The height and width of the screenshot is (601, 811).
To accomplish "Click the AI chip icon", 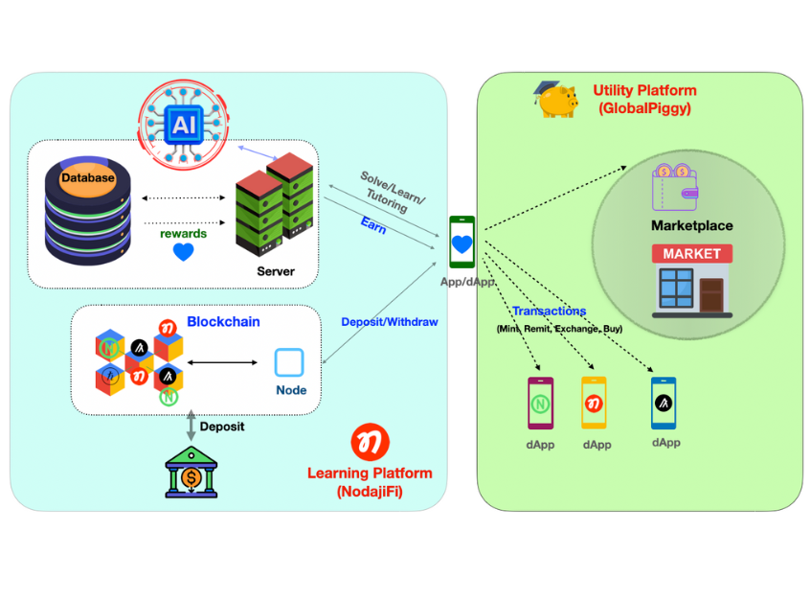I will tap(182, 125).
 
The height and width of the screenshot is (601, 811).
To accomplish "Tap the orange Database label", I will tap(87, 177).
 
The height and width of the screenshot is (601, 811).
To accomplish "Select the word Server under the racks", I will tap(276, 271).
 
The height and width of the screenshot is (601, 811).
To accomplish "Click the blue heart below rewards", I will tap(183, 252).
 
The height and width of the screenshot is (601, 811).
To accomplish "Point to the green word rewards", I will tap(183, 232).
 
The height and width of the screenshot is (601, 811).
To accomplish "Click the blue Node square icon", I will tap(289, 362).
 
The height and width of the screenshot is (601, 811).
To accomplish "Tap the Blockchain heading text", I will tap(223, 322).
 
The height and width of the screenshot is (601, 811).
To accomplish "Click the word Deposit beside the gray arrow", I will tap(222, 426).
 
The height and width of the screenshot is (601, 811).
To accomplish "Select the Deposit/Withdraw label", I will tap(390, 322).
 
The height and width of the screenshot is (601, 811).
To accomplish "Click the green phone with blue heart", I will tap(462, 243).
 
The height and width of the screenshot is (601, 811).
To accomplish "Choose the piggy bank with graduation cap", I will tap(556, 100).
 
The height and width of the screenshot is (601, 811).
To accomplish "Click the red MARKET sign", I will tap(691, 254).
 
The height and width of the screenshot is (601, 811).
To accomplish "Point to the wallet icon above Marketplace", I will tap(675, 185).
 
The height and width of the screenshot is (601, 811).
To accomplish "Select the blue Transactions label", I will tap(549, 312).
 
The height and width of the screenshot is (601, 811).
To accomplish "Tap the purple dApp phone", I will tap(540, 403).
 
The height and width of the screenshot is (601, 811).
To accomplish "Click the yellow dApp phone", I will tap(594, 403).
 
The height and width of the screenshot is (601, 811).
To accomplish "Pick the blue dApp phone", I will tap(665, 403).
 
